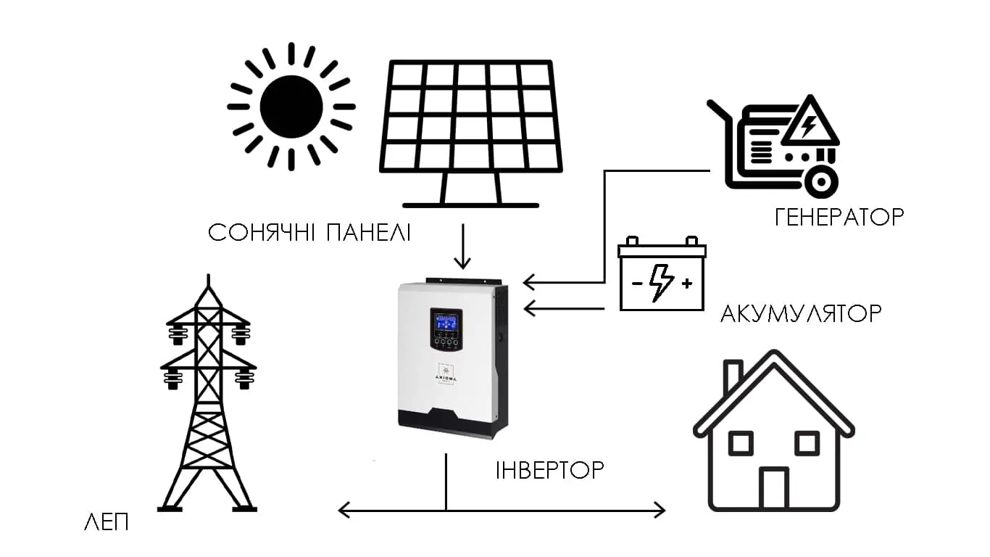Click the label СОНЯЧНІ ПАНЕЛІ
click(309, 234)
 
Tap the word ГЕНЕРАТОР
click(839, 216)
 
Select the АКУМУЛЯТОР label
click(801, 313)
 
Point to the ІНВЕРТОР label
click(549, 469)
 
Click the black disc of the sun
click(291, 106)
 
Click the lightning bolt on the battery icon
click(661, 282)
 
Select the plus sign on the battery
click(686, 283)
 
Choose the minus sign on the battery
click(636, 283)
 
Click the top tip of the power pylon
click(209, 277)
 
